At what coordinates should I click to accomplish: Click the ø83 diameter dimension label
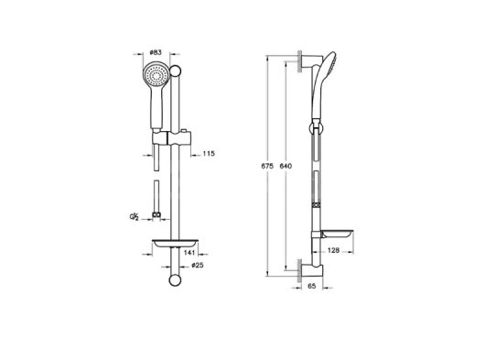[x=156, y=52]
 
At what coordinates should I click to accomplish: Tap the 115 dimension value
[x=209, y=153]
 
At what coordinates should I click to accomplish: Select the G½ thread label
[x=134, y=216]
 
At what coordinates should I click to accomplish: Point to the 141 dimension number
[x=189, y=252]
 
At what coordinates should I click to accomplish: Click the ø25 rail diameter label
[x=198, y=265]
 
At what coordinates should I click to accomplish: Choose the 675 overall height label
[x=267, y=166]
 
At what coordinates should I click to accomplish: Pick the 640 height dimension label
[x=286, y=166]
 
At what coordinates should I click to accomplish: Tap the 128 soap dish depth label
[x=333, y=250]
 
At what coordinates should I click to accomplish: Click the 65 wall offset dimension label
[x=312, y=286]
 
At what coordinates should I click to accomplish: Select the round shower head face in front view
[x=156, y=74]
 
